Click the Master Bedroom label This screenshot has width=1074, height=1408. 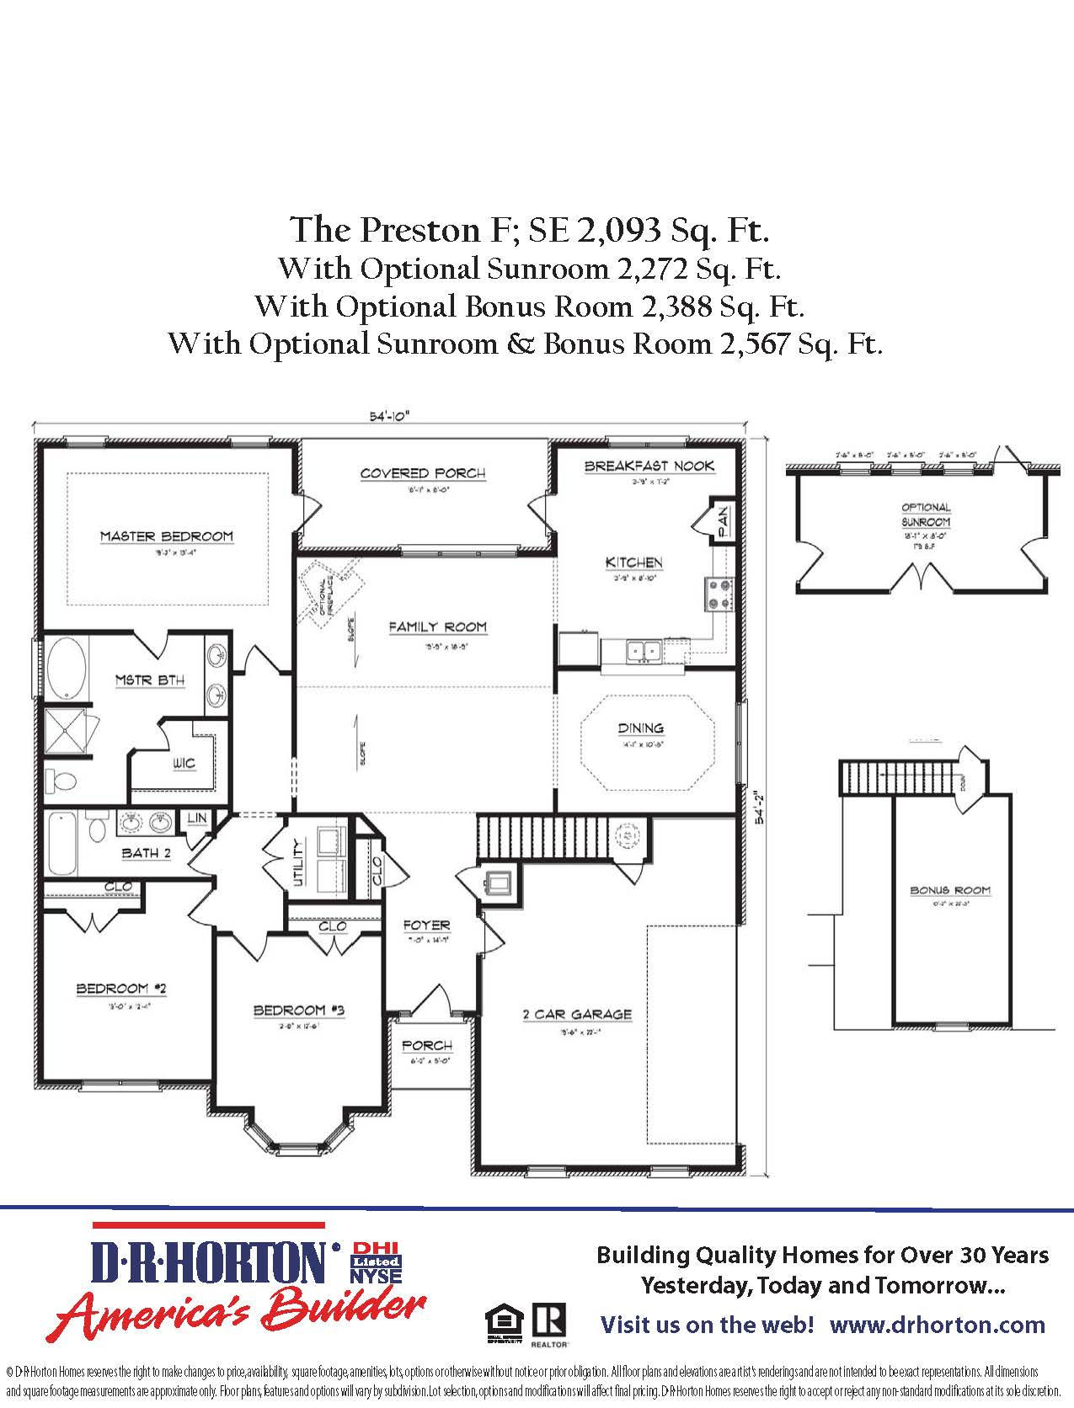[x=166, y=536]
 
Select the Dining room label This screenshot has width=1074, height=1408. [x=640, y=728]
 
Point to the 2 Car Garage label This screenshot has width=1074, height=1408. [x=577, y=1014]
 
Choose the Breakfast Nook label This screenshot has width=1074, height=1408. [x=649, y=466]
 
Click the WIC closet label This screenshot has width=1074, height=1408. [x=184, y=763]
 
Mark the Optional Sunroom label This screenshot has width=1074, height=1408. [x=926, y=515]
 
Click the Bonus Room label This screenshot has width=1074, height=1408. [x=949, y=890]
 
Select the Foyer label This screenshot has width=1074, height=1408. [x=427, y=925]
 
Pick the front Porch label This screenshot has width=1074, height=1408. [x=427, y=1045]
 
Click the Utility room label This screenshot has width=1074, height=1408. [x=297, y=862]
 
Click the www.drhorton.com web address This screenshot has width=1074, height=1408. [x=937, y=1325]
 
